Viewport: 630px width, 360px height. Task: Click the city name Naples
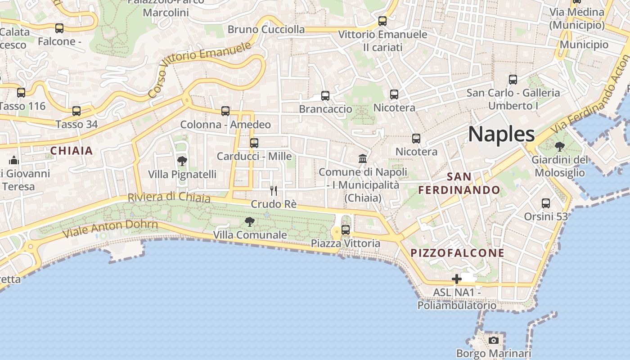pyautogui.click(x=501, y=134)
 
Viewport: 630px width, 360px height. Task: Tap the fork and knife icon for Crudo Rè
pyautogui.click(x=273, y=190)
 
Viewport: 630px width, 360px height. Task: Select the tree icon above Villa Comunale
pyautogui.click(x=249, y=221)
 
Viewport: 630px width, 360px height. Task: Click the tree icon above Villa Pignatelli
pyautogui.click(x=182, y=161)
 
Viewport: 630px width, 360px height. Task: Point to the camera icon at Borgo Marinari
pyautogui.click(x=494, y=340)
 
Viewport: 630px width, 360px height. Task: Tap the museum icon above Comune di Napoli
pyautogui.click(x=363, y=158)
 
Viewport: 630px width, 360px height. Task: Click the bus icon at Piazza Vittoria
pyautogui.click(x=346, y=229)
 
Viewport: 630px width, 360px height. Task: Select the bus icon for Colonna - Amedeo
pyautogui.click(x=225, y=111)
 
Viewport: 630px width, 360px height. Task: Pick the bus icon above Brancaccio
pyautogui.click(x=325, y=95)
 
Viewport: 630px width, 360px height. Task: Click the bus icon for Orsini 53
pyautogui.click(x=546, y=203)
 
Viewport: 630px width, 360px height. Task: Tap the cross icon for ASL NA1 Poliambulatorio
pyautogui.click(x=457, y=279)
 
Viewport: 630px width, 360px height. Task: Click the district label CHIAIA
pyautogui.click(x=72, y=151)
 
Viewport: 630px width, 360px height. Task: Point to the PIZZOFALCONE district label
pyautogui.click(x=458, y=253)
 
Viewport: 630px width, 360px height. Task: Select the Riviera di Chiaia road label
pyautogui.click(x=169, y=197)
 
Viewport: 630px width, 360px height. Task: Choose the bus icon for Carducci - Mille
pyautogui.click(x=254, y=143)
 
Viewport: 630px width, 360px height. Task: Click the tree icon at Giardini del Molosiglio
pyautogui.click(x=560, y=146)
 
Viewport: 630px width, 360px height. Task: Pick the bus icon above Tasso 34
pyautogui.click(x=76, y=111)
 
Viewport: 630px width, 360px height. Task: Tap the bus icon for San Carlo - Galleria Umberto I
pyautogui.click(x=513, y=80)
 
